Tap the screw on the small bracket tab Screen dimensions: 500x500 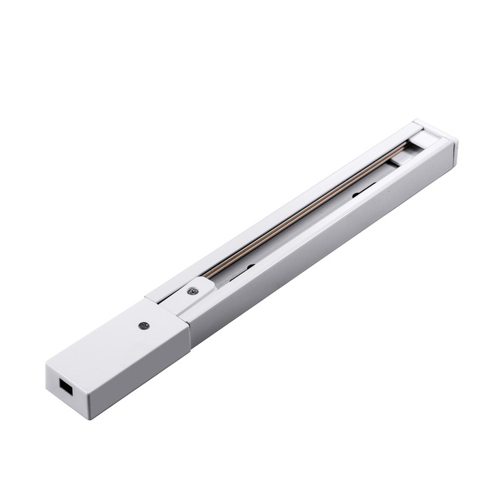191,291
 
